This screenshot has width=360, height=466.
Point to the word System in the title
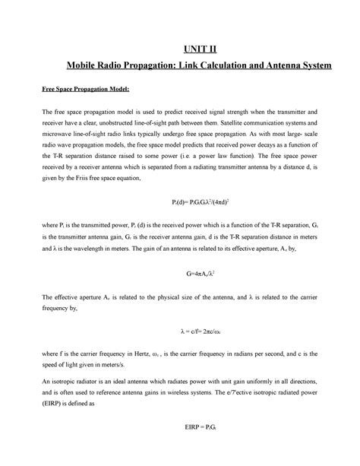pyautogui.click(x=312, y=67)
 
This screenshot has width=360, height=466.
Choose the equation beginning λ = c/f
pyautogui.click(x=181, y=331)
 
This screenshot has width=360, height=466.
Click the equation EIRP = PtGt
pyautogui.click(x=181, y=449)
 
